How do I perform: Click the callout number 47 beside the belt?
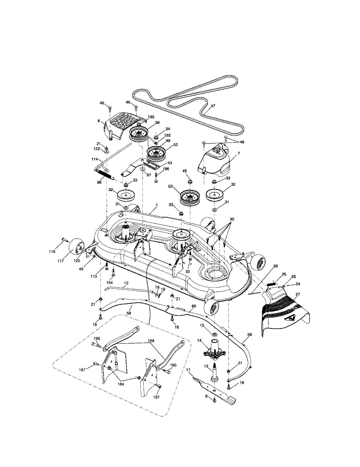tap(213, 106)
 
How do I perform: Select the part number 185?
tap(151, 117)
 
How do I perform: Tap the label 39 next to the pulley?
tap(157, 123)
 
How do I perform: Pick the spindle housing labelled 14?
tap(214, 348)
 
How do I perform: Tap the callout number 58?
tap(249, 335)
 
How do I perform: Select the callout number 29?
tap(276, 266)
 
